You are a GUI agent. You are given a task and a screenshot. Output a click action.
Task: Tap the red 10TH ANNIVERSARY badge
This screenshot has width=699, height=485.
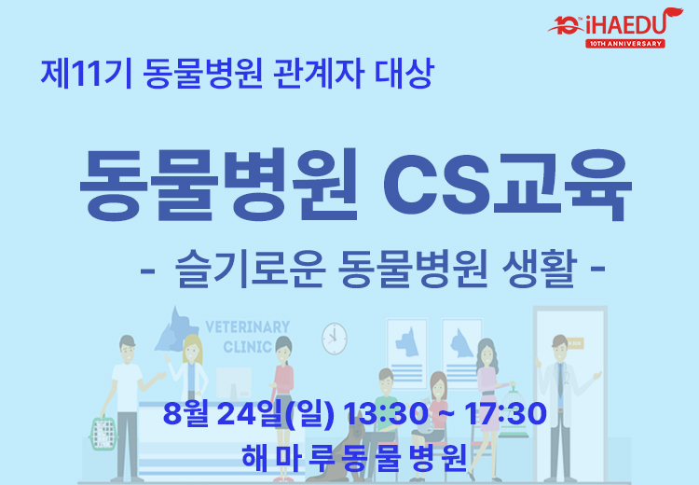click(625, 44)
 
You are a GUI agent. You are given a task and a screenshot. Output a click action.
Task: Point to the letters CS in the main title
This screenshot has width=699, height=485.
click(436, 185)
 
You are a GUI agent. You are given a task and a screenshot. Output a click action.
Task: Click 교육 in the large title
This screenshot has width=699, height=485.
click(563, 185)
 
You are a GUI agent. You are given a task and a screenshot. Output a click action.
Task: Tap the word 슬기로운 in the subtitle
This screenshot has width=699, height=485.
click(251, 269)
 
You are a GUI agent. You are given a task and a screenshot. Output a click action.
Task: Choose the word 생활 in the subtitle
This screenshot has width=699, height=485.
click(540, 269)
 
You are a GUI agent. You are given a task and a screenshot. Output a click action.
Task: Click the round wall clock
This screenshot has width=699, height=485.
click(335, 339)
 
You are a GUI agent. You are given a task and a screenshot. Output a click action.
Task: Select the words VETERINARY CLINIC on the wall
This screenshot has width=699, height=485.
click(247, 337)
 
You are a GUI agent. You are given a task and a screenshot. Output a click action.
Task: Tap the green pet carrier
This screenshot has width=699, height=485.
click(103, 433)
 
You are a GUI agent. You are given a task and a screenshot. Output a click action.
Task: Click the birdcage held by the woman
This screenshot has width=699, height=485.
click(513, 413)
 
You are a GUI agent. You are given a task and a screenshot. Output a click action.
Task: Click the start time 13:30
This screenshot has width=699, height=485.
click(386, 413)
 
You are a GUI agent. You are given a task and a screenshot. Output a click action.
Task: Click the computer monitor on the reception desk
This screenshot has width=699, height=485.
click(234, 383)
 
